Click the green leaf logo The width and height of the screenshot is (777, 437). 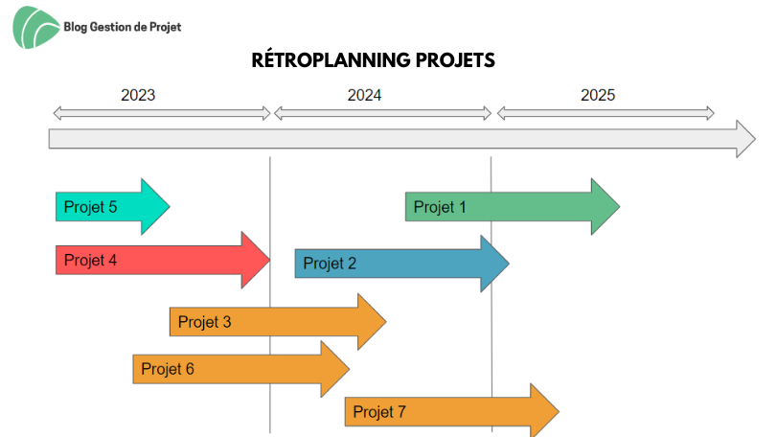click(35, 27)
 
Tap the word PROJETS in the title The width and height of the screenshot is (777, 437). click(455, 60)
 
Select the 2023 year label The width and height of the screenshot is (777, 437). click(138, 95)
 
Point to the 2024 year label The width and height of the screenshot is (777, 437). click(364, 95)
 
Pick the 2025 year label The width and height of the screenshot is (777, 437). click(598, 95)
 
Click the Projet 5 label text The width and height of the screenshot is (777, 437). click(91, 207)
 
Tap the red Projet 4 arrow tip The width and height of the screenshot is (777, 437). click(269, 260)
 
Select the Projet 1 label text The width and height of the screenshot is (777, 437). click(440, 207)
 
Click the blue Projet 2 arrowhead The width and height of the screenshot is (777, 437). click(493, 264)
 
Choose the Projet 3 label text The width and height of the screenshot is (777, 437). click(205, 322)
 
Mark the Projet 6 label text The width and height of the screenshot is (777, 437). click(168, 369)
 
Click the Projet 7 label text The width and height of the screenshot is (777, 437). click(379, 412)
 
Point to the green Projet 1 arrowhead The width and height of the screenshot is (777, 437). click(605, 207)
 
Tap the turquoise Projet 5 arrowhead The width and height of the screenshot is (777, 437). click(154, 207)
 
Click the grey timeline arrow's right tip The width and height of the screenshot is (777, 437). click(755, 139)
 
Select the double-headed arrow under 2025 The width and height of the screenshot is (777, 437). click(606, 113)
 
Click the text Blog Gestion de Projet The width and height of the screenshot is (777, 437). click(123, 27)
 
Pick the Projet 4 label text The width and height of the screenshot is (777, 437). click(91, 260)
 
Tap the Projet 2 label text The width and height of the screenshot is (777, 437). click(330, 264)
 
